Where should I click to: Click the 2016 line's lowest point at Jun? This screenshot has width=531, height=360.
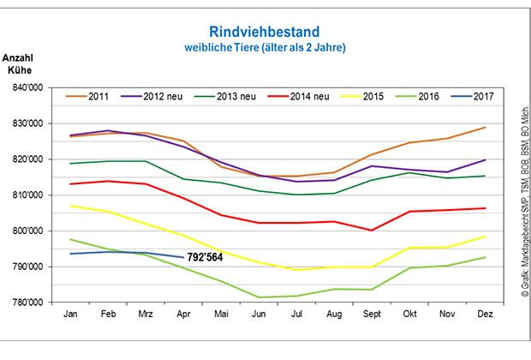coord(258,297)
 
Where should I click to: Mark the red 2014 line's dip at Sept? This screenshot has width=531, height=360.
coord(370,230)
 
